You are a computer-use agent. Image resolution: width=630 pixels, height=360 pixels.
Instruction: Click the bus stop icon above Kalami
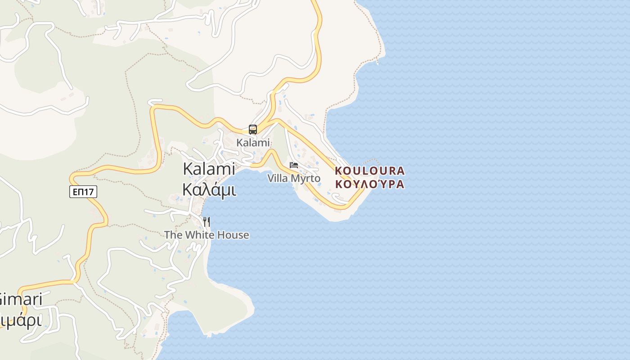(253, 130)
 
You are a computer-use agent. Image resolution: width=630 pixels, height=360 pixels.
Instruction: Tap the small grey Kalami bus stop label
(253, 143)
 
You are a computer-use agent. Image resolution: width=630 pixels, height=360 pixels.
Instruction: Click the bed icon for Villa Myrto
(294, 165)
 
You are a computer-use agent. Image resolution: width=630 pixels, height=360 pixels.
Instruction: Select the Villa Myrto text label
(294, 178)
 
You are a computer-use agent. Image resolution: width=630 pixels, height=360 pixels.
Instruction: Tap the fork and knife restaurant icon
(207, 221)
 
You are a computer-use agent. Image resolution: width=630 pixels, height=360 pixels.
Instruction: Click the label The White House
(207, 235)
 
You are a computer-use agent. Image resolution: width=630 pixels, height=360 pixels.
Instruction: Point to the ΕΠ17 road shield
(83, 192)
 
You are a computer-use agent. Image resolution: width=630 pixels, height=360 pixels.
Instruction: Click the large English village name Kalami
(209, 169)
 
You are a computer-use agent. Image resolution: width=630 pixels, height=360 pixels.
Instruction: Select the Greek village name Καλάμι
(209, 190)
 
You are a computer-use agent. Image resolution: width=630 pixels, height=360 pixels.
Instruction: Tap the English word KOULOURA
(370, 171)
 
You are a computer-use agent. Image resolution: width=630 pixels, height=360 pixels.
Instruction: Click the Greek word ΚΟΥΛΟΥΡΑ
(370, 184)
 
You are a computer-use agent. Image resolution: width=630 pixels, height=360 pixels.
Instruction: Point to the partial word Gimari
(20, 299)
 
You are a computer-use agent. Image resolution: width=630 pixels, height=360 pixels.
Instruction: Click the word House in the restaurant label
(233, 235)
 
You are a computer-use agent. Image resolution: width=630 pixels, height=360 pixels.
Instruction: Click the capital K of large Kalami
(188, 169)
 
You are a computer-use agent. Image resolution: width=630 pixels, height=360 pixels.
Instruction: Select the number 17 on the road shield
(89, 192)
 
